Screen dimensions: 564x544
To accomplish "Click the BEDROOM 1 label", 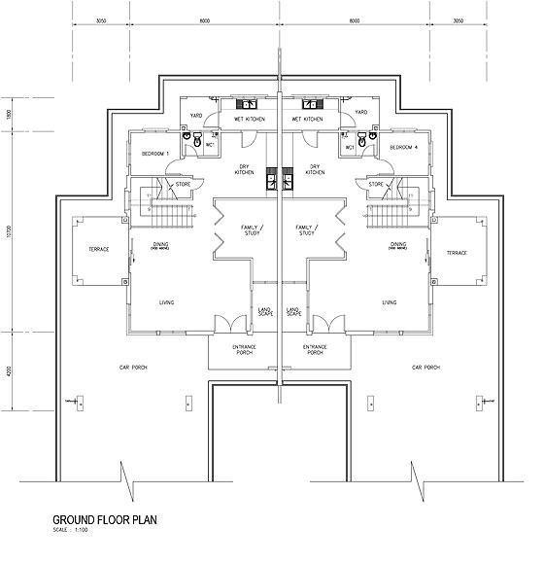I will [x=155, y=155].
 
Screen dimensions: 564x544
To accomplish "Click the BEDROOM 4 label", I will [x=403, y=148].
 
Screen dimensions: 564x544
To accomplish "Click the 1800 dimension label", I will [x=9, y=114].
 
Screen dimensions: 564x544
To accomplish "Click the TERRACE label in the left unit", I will [x=99, y=250].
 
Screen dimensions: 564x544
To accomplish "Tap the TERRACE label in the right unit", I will [x=457, y=253].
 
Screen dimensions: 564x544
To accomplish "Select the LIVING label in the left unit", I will [x=167, y=302].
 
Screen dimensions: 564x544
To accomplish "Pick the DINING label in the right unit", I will [x=398, y=245].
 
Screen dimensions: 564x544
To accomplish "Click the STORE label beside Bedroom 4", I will [x=374, y=183].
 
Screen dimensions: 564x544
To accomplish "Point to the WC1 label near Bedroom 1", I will [x=210, y=149].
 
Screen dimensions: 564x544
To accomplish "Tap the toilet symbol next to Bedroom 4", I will [x=361, y=143].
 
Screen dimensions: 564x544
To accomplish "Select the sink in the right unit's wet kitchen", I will [x=313, y=104].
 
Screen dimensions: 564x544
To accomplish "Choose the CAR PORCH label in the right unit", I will [x=425, y=368].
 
